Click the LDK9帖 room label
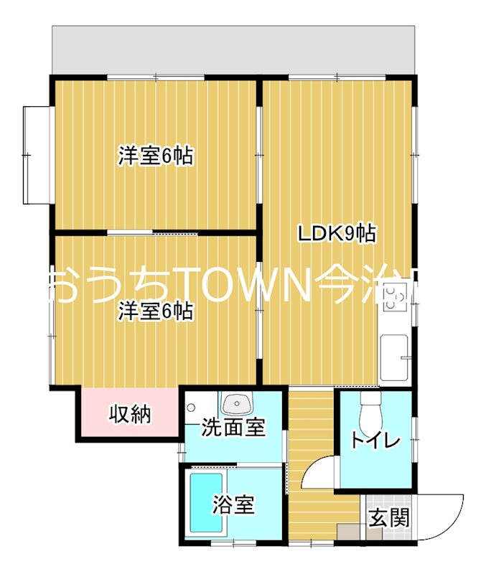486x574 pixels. [x=337, y=233]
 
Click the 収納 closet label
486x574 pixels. [x=130, y=414]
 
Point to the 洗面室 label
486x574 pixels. [x=233, y=428]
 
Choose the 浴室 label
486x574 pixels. [x=233, y=505]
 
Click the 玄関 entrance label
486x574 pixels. [x=388, y=517]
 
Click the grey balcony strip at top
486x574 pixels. [x=234, y=50]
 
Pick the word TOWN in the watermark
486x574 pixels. [x=230, y=286]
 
